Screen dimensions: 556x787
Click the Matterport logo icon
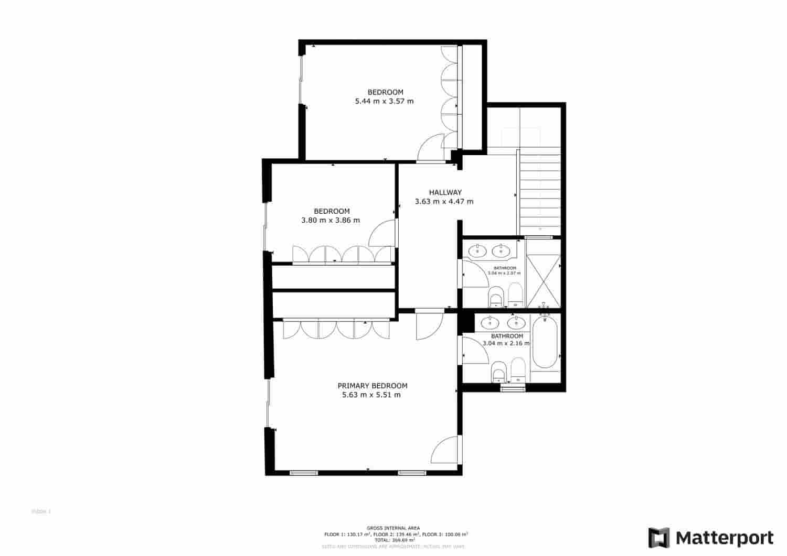point(659,538)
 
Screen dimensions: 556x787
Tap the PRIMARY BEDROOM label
point(372,386)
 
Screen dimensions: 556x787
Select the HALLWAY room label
point(445,192)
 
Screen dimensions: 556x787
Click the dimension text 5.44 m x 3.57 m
point(384,101)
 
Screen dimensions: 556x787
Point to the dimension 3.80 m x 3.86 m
point(331,220)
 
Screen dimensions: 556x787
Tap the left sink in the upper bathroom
point(477,251)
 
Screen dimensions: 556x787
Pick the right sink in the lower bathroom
point(516,323)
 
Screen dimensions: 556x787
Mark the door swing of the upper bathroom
point(473,274)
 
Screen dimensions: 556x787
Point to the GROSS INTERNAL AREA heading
point(393,528)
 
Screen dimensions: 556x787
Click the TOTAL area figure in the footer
point(393,539)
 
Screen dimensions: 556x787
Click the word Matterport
point(724,538)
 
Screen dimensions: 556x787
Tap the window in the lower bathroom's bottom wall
point(512,388)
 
